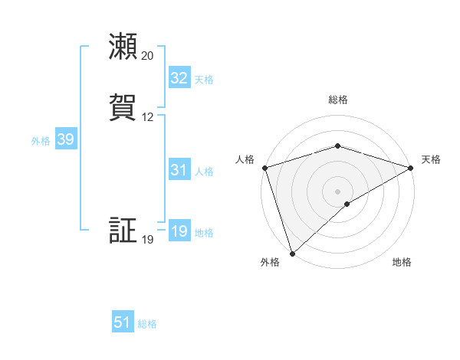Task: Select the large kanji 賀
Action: (x=123, y=107)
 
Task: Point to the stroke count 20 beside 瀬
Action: (x=147, y=56)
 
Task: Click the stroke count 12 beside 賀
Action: (x=147, y=117)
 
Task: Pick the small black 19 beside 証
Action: (x=147, y=240)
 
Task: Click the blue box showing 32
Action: (x=179, y=78)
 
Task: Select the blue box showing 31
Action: (x=179, y=170)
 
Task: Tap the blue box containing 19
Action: (x=179, y=231)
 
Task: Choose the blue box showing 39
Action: (x=65, y=139)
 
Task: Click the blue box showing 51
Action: (x=123, y=322)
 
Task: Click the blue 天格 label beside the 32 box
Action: (x=204, y=79)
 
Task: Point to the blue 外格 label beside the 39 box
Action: (x=41, y=140)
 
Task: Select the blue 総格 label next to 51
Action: (x=147, y=324)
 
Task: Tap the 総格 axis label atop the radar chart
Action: (x=338, y=100)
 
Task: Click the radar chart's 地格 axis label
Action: (x=402, y=263)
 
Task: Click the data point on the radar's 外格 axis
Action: (x=292, y=253)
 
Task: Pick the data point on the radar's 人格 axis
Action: (x=264, y=168)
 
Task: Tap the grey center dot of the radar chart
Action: (x=337, y=191)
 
